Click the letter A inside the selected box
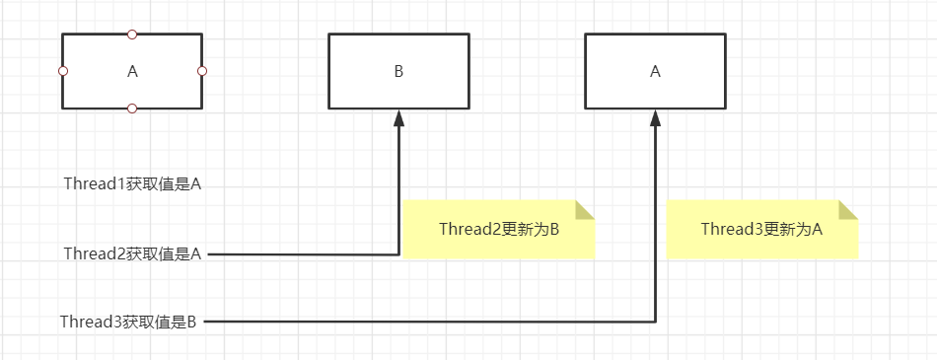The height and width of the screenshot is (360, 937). (133, 71)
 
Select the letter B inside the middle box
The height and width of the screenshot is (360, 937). (398, 71)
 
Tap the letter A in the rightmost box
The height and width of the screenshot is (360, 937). (655, 71)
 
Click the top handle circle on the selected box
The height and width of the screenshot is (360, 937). (132, 34)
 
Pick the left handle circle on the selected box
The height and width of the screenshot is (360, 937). (63, 71)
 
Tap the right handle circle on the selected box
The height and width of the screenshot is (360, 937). (202, 71)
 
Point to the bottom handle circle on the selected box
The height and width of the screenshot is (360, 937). (132, 108)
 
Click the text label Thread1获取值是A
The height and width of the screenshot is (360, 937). (132, 183)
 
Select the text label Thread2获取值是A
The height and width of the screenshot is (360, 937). (132, 253)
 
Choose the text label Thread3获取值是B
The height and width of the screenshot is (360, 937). (129, 321)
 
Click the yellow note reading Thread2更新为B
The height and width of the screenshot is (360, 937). (498, 230)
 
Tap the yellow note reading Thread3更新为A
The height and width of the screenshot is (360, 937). (761, 230)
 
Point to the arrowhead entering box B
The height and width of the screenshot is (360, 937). (399, 117)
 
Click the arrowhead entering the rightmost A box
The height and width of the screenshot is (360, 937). (656, 117)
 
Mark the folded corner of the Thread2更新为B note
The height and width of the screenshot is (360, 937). (585, 210)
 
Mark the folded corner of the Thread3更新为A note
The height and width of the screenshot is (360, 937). (847, 210)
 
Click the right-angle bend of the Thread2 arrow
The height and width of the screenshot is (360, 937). (399, 253)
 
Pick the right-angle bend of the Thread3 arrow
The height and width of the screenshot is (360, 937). (656, 321)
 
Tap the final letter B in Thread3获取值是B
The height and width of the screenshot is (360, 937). (193, 321)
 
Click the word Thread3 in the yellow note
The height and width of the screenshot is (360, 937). (729, 230)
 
